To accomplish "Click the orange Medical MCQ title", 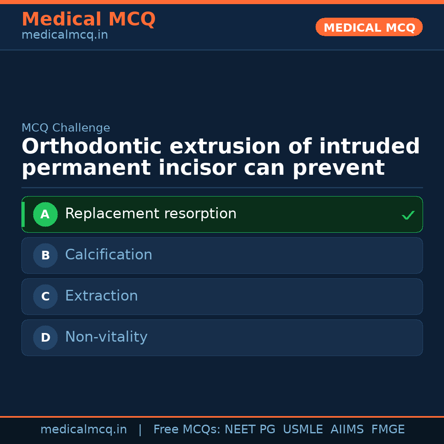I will coord(88,19).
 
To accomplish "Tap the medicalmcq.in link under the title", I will coord(65,35).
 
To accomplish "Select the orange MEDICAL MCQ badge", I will coord(369,28).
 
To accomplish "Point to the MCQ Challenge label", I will coord(66,128).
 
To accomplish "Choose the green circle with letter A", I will coord(45,214).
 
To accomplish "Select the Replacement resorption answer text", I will coord(150,214).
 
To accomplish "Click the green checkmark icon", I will coord(408,215).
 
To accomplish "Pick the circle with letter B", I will coord(45,255).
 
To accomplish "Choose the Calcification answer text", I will coord(109,255).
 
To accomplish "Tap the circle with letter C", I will coord(45,296).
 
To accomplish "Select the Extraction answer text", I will coord(101,296).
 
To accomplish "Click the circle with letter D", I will coord(45,338).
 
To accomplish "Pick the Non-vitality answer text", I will coord(106,337).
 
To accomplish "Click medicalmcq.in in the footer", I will coord(83,430).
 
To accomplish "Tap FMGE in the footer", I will coord(388,430).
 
